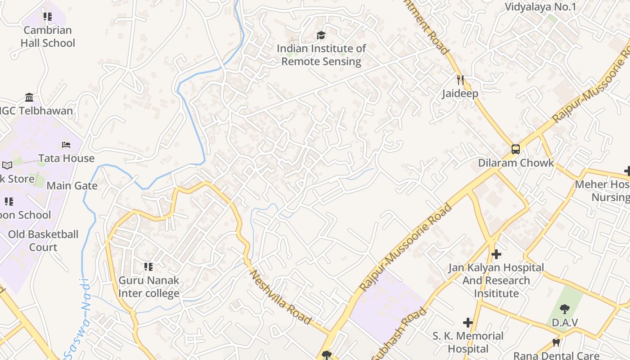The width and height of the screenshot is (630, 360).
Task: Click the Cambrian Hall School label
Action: pyautogui.click(x=47, y=36)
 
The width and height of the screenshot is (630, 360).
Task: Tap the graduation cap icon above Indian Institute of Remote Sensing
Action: pyautogui.click(x=321, y=35)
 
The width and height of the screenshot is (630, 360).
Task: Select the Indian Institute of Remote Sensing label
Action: pyautogui.click(x=321, y=54)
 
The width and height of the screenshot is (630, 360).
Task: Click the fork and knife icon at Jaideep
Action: pyautogui.click(x=460, y=80)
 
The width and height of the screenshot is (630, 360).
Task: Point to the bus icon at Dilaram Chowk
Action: pyautogui.click(x=516, y=149)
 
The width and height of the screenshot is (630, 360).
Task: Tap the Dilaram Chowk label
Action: pyautogui.click(x=516, y=162)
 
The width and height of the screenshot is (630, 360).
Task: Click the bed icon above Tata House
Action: pyautogui.click(x=66, y=145)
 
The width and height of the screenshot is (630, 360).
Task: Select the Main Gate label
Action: pyautogui.click(x=72, y=185)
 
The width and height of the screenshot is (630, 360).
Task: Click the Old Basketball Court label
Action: pyautogui.click(x=43, y=240)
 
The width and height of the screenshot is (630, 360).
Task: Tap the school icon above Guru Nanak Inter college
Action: pyautogui.click(x=148, y=267)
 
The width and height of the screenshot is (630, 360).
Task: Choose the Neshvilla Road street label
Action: pyautogui.click(x=280, y=297)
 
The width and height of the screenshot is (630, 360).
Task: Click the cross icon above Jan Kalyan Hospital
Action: pyautogui.click(x=496, y=254)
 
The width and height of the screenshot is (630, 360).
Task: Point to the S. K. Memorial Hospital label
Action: pyautogui.click(x=468, y=342)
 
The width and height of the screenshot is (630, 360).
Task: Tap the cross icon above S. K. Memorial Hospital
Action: pyautogui.click(x=468, y=323)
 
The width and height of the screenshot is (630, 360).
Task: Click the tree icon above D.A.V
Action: pyautogui.click(x=565, y=309)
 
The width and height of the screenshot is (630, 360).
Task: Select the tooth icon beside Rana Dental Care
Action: pyautogui.click(x=556, y=343)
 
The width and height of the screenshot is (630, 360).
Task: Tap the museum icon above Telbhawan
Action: pyautogui.click(x=29, y=97)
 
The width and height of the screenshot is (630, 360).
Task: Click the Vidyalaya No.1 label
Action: pyautogui.click(x=540, y=7)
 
